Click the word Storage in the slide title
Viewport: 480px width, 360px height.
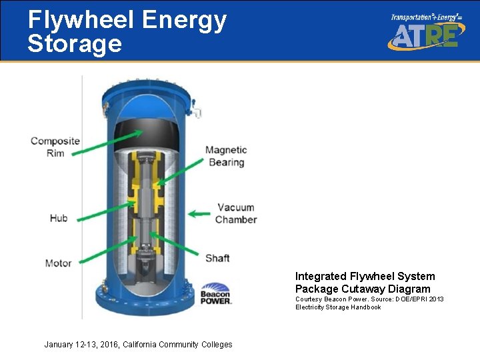pos(75,44)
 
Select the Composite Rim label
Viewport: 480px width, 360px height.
pos(55,147)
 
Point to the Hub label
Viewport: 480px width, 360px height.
pos(59,218)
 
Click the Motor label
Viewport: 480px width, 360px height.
pos(59,263)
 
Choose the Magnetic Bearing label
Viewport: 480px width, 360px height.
pos(226,156)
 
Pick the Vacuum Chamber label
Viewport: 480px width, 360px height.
pos(236,213)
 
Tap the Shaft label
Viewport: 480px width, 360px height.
pos(217,258)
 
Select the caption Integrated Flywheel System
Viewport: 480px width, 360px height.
pos(365,276)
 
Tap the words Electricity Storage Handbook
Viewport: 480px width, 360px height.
pos(338,307)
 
